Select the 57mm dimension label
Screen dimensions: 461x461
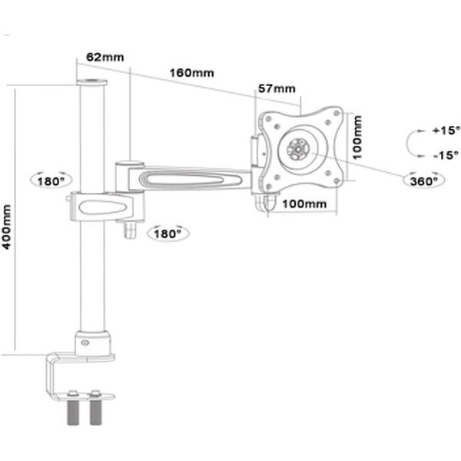277,88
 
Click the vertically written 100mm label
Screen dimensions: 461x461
357,137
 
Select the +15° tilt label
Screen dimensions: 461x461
445,131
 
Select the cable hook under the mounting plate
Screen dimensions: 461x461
267,201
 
